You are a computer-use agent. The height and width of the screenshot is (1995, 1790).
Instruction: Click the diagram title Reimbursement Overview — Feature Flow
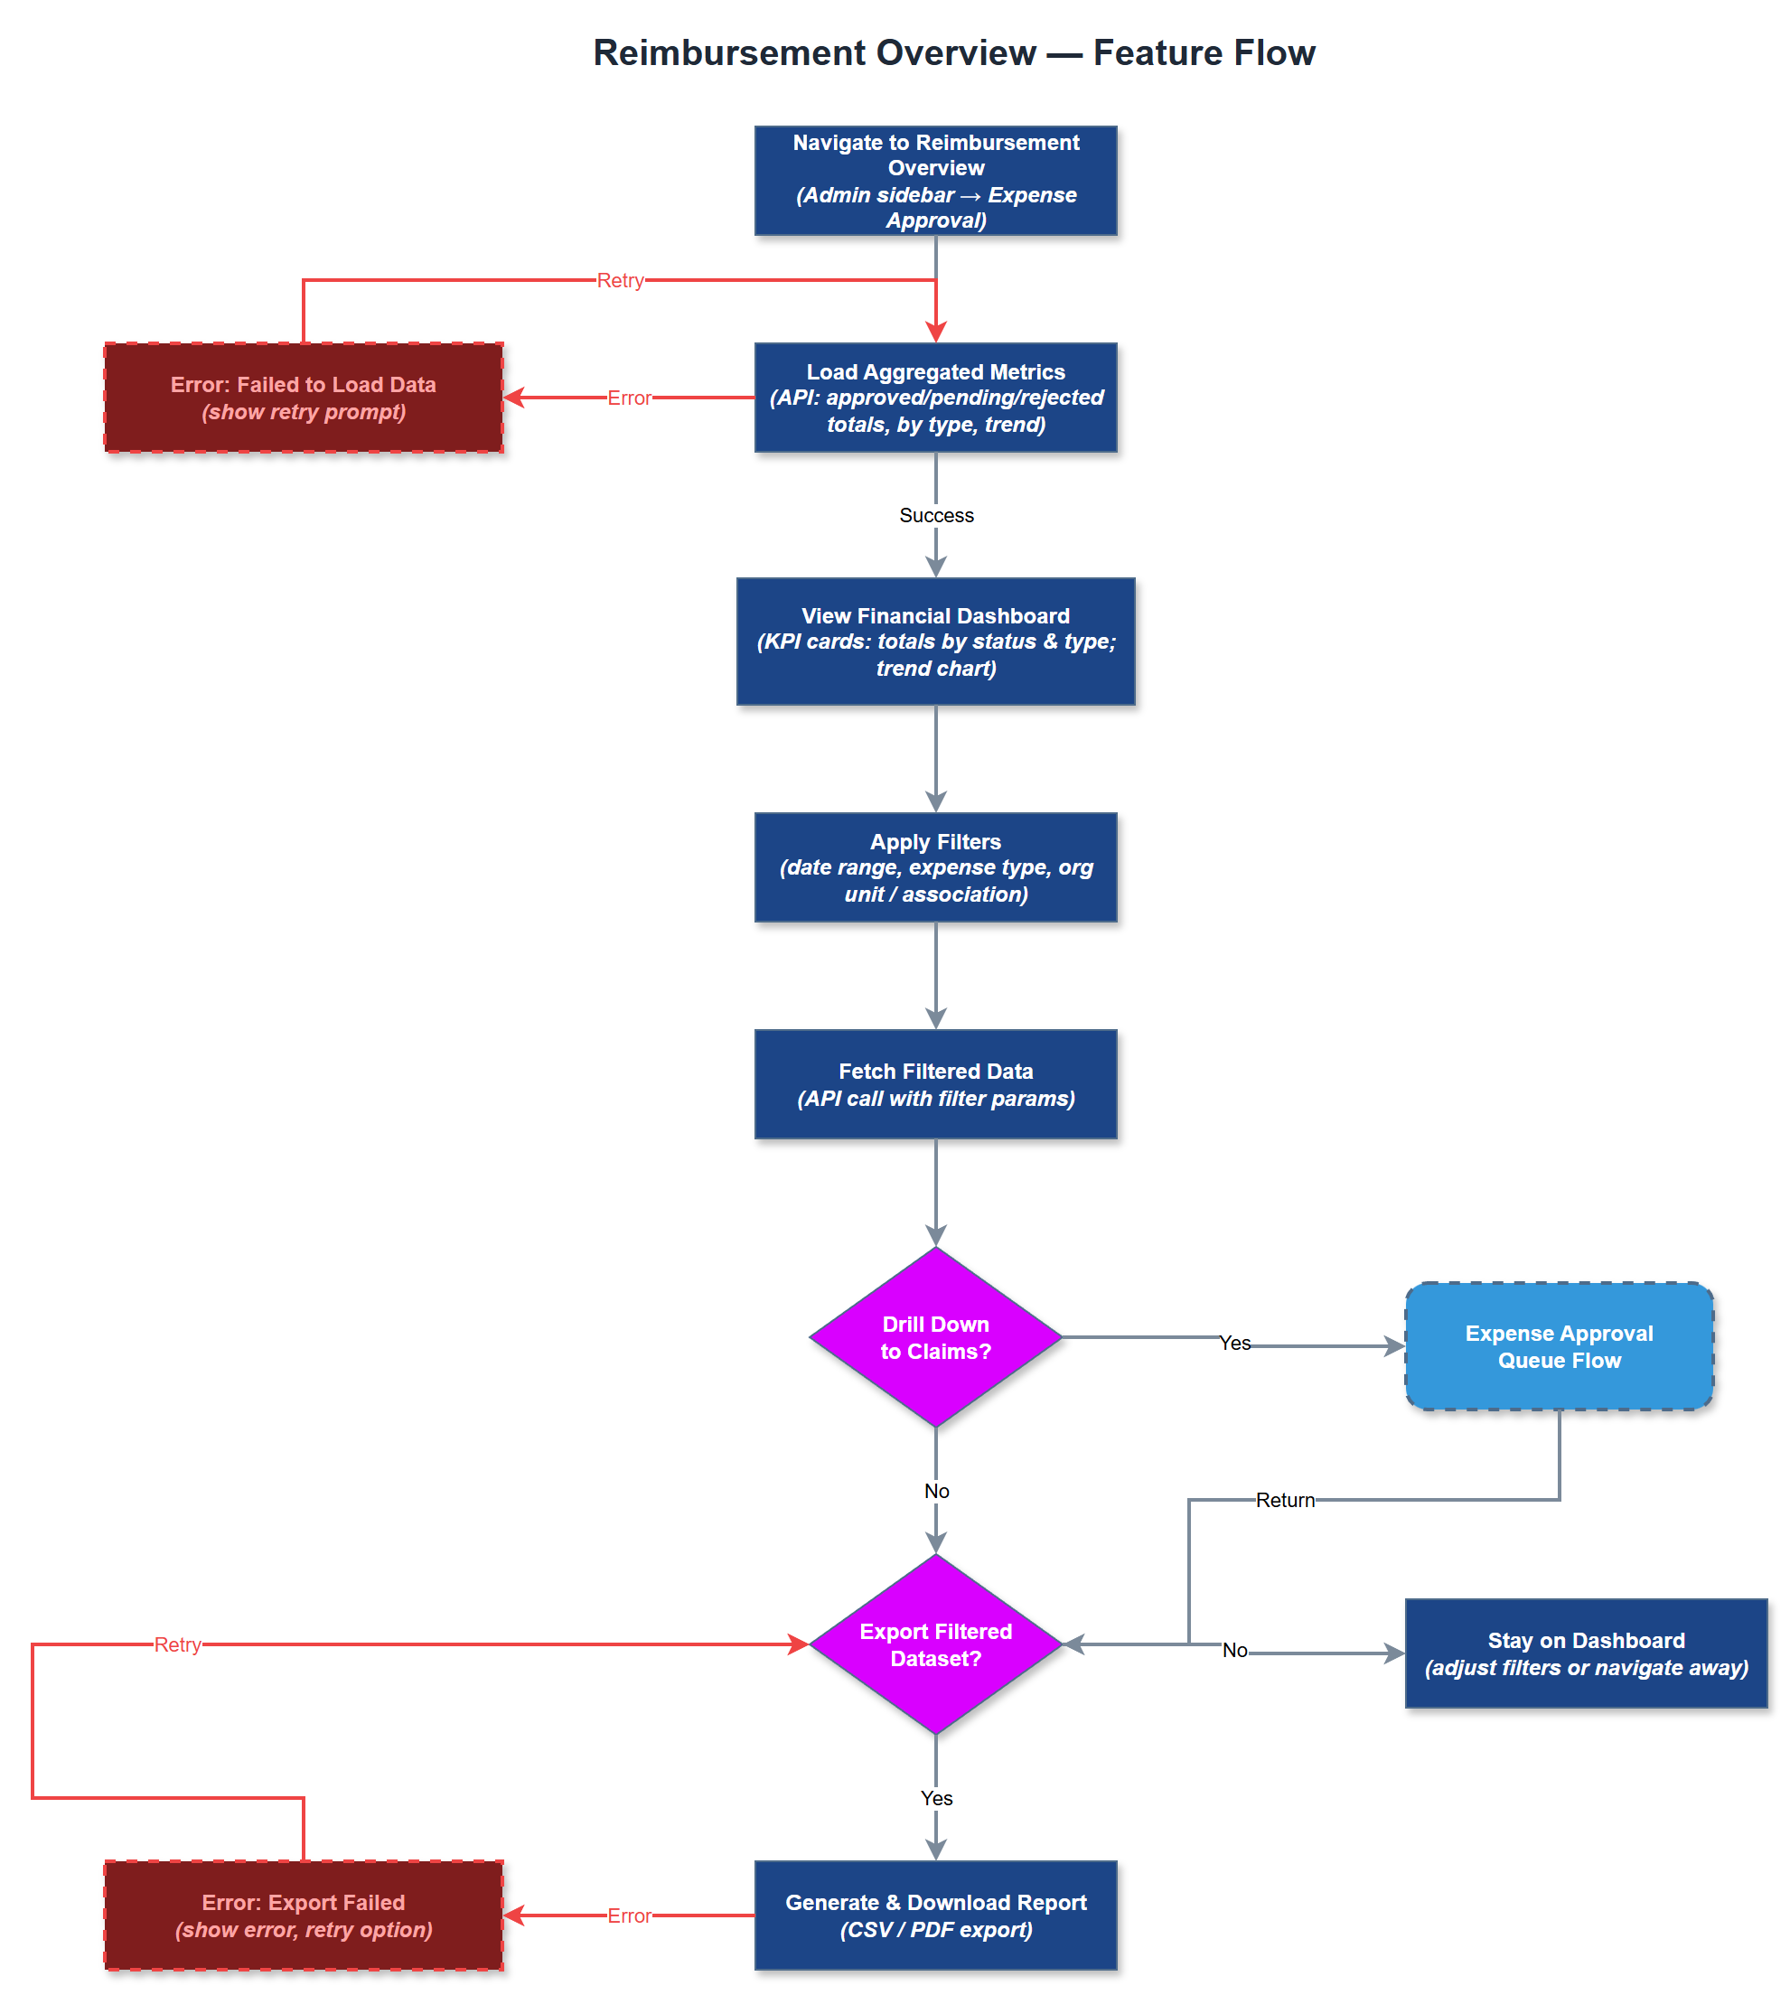click(x=953, y=52)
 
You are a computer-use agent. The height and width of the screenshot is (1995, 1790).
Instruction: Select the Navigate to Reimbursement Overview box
click(x=935, y=181)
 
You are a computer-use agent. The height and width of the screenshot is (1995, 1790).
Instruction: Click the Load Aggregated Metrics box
click(x=935, y=398)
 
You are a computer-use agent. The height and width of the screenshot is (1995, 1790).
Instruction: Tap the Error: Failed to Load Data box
click(x=303, y=398)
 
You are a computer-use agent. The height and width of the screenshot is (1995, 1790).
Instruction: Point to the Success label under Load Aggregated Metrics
click(x=935, y=515)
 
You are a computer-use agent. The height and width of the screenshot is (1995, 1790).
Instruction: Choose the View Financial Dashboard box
click(x=935, y=642)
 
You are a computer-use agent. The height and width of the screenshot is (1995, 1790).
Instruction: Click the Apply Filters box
click(x=935, y=867)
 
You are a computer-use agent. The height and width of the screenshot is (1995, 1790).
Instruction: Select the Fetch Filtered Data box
click(x=935, y=1084)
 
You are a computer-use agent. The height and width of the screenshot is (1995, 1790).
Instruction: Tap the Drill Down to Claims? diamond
click(x=935, y=1337)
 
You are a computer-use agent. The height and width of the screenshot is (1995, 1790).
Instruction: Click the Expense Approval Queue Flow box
click(x=1559, y=1346)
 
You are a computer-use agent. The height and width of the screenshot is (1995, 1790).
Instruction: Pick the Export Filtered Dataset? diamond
click(x=935, y=1644)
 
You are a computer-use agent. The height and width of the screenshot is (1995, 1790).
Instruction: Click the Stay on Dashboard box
click(x=1586, y=1653)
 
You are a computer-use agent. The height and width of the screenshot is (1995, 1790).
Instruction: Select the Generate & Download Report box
click(x=935, y=1915)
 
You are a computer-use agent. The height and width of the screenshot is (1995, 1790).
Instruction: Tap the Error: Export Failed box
click(x=303, y=1915)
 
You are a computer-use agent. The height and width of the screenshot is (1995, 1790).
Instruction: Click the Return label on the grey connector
click(x=1285, y=1500)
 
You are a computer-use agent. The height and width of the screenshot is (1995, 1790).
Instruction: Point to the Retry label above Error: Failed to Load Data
click(x=620, y=280)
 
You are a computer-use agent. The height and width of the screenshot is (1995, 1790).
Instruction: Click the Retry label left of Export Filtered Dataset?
click(x=177, y=1644)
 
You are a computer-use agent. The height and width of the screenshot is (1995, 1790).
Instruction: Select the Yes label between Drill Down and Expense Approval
click(x=1234, y=1344)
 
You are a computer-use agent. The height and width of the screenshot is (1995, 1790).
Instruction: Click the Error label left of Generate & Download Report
click(x=629, y=1915)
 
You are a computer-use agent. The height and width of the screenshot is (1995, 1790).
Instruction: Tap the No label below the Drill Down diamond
click(x=936, y=1491)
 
